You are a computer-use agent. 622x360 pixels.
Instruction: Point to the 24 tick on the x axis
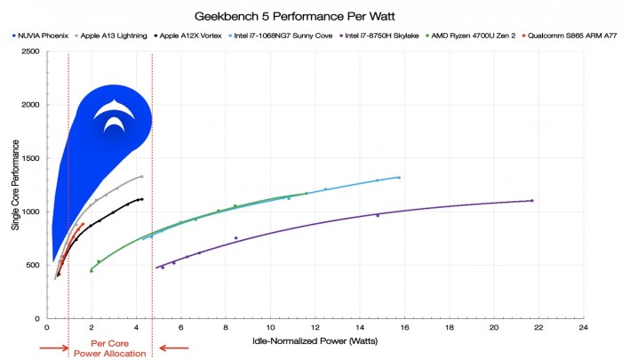pyautogui.click(x=583, y=327)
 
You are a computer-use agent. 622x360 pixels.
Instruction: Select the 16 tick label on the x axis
pyautogui.click(x=404, y=327)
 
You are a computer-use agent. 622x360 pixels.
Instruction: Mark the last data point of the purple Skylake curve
pyautogui.click(x=531, y=201)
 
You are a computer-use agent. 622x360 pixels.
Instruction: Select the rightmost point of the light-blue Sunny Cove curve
pyautogui.click(x=399, y=178)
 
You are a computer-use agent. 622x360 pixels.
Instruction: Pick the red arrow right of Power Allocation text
pyautogui.click(x=173, y=348)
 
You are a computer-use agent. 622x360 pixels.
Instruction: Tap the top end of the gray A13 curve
pyautogui.click(x=141, y=176)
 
